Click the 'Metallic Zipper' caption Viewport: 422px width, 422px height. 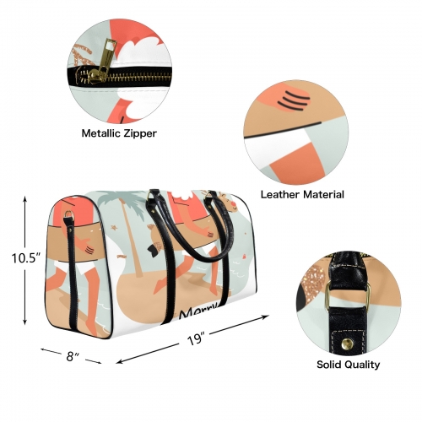[119, 133]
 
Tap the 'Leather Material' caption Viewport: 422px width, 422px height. [302, 194]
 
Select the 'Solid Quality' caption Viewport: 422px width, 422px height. [349, 365]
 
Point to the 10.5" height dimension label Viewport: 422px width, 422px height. [24, 258]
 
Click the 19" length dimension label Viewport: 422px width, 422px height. [195, 338]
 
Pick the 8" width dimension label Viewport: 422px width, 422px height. [72, 357]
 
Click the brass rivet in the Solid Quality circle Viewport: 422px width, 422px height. [347, 344]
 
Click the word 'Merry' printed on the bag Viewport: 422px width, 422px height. [199, 312]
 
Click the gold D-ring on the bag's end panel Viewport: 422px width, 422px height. [68, 214]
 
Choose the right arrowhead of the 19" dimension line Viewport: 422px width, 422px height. [265, 317]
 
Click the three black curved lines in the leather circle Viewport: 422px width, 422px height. [293, 100]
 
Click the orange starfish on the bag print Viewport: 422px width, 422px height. [115, 227]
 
